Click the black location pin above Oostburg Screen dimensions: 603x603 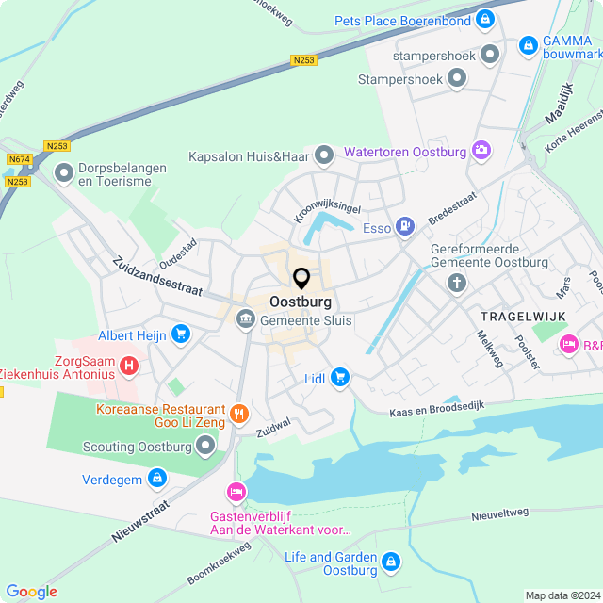pyautogui.click(x=301, y=278)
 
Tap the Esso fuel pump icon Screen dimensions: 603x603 pyautogui.click(x=404, y=225)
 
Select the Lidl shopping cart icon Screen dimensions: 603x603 pyautogui.click(x=340, y=378)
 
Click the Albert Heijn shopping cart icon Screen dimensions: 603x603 pyautogui.click(x=181, y=334)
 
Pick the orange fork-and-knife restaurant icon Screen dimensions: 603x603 pyautogui.click(x=239, y=412)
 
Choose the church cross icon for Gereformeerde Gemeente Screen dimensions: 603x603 pyautogui.click(x=457, y=283)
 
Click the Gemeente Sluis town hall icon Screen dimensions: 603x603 pyautogui.click(x=245, y=320)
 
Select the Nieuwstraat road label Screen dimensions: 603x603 pyautogui.click(x=145, y=521)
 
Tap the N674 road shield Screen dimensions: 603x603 pyautogui.click(x=18, y=160)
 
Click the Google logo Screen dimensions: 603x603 pyautogui.click(x=31, y=592)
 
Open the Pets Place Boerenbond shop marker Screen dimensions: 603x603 pyautogui.click(x=484, y=19)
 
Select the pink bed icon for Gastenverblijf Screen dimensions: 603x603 pyautogui.click(x=236, y=491)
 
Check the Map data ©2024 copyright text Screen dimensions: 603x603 pyautogui.click(x=561, y=595)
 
